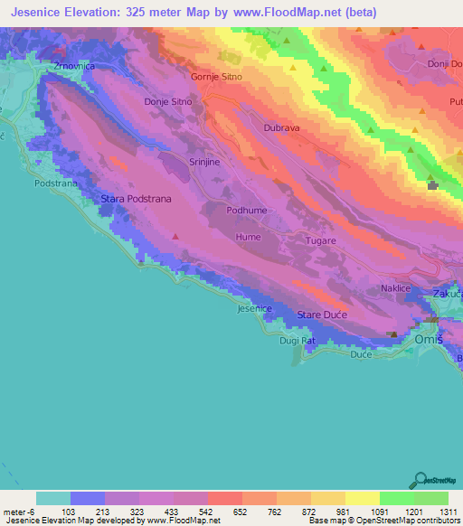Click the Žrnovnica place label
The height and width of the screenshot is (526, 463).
[x=73, y=67]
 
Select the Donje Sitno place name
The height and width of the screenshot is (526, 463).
[x=168, y=102]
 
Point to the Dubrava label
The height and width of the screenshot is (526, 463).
[x=281, y=128]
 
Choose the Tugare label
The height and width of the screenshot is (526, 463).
[x=320, y=240]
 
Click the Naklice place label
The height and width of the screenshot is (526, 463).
[x=395, y=287]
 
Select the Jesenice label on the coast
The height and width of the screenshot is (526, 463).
[x=254, y=309]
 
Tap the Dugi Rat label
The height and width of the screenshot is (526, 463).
[x=297, y=340]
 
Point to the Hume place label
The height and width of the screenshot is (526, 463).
[x=248, y=237]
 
